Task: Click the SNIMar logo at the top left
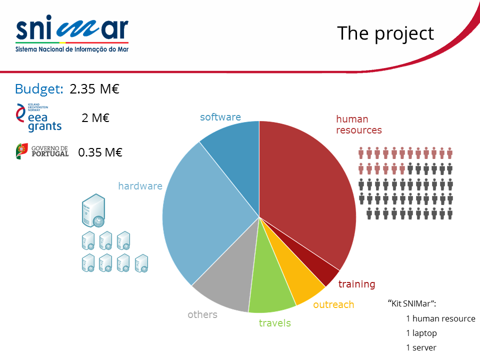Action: tap(72, 33)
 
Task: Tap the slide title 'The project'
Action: tap(385, 33)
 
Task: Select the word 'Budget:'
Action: tap(39, 89)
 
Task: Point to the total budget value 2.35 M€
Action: tap(94, 89)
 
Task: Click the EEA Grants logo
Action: tap(38, 118)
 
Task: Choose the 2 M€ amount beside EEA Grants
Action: tap(95, 118)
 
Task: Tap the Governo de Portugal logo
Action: tap(42, 151)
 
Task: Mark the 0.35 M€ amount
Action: tap(100, 152)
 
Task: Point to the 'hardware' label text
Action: tap(140, 186)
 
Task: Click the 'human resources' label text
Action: tap(359, 124)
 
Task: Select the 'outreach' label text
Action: tap(333, 304)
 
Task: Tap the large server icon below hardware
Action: tap(93, 210)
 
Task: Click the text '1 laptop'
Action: tap(421, 333)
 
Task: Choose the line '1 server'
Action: tap(421, 348)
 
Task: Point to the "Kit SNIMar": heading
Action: tap(411, 303)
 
